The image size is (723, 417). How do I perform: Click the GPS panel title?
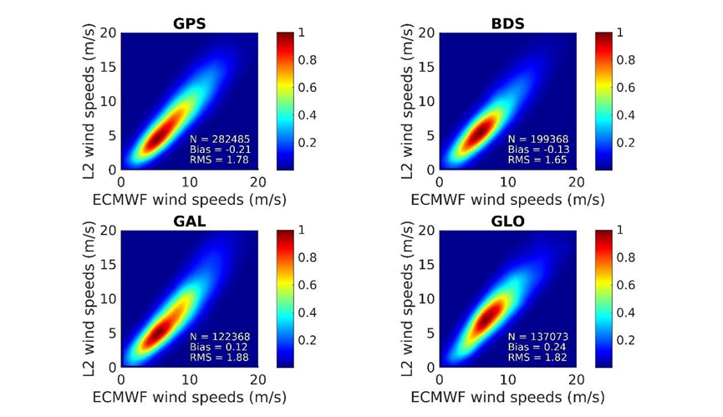(190, 23)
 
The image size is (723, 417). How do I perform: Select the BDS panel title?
(507, 23)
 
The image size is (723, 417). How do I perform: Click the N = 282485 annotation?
(220, 138)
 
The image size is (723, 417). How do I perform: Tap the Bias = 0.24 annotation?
(535, 347)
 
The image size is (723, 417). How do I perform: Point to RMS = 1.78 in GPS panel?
(220, 160)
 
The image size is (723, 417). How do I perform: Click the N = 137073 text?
(537, 336)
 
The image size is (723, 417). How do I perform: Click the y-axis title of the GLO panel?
(408, 298)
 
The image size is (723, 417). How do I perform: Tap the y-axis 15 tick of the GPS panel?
(109, 67)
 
